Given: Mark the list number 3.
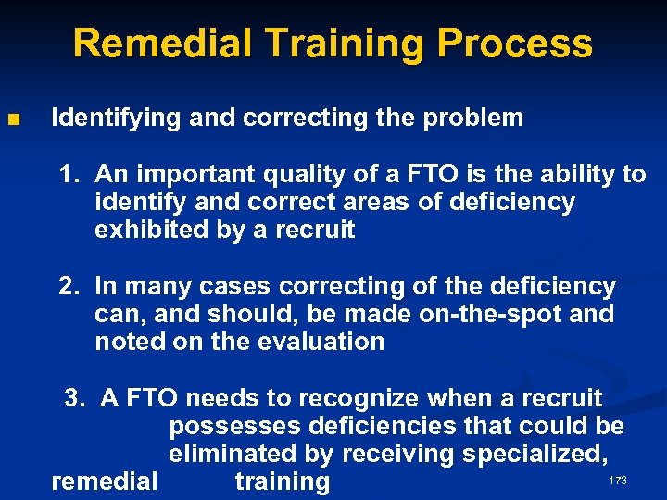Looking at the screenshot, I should [x=73, y=398].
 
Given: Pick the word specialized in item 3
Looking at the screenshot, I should [x=543, y=454].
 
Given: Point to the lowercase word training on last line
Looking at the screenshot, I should [x=283, y=481].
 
